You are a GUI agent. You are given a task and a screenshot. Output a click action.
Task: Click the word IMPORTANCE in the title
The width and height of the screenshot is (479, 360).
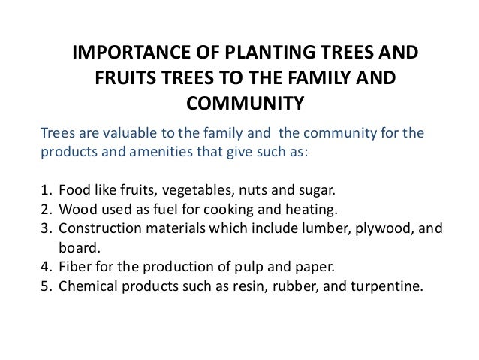point(125,55)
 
